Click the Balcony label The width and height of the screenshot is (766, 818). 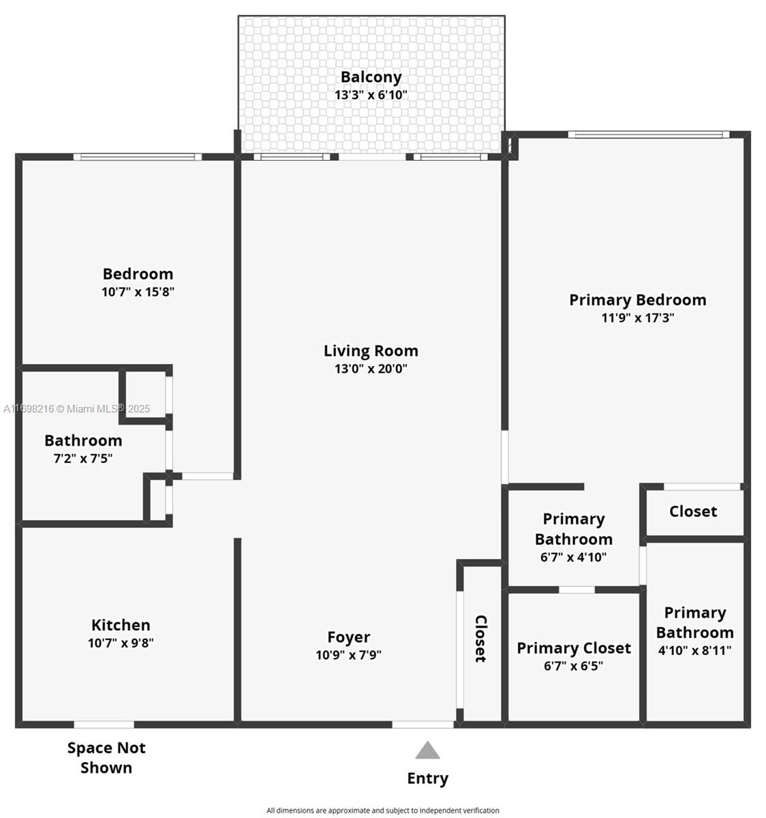(x=371, y=77)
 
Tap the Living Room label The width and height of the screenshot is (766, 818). (x=371, y=351)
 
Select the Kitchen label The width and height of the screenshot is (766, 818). (x=121, y=625)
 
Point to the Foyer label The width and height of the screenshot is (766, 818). (x=348, y=637)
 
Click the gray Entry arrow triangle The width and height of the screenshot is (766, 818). (x=427, y=751)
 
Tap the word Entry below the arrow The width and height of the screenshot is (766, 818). (x=427, y=778)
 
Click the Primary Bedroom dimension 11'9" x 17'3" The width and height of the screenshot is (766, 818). (x=637, y=318)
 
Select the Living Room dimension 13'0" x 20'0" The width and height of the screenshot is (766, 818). (x=371, y=369)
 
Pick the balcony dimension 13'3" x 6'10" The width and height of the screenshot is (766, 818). (x=371, y=95)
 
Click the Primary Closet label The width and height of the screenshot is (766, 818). (x=573, y=648)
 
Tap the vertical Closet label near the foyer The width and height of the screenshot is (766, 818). (x=480, y=639)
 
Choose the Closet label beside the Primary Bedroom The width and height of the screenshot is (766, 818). (x=692, y=512)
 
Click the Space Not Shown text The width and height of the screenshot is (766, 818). (x=106, y=757)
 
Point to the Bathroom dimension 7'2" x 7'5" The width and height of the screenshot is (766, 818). (x=82, y=459)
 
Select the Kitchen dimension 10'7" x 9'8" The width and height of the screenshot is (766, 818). (x=121, y=643)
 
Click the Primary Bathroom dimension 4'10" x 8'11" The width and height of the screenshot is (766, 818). (x=694, y=650)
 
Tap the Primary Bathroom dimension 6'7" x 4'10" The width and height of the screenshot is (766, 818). (x=573, y=557)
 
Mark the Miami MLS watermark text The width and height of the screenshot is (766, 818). (x=76, y=409)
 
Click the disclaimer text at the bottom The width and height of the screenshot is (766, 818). (x=382, y=811)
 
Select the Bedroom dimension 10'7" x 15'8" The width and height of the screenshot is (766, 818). (x=138, y=292)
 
